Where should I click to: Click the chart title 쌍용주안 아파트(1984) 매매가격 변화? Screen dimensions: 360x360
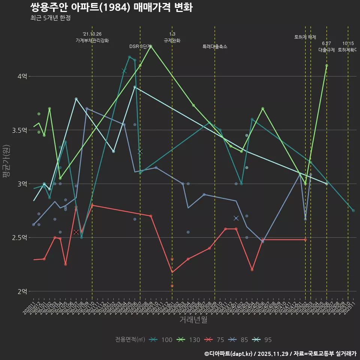click(x=111, y=7)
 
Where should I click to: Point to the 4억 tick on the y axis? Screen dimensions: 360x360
click(x=22, y=76)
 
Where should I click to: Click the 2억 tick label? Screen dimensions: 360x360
click(x=22, y=291)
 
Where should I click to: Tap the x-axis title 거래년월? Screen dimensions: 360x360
click(x=193, y=320)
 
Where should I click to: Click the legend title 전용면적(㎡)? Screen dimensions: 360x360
click(x=130, y=340)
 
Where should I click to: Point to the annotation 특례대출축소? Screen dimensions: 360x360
click(x=215, y=46)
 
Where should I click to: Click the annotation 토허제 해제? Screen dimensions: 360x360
click(x=305, y=37)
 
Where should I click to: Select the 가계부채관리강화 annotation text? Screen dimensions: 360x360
click(x=92, y=40)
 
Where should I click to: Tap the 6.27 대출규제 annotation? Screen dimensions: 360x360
click(x=327, y=46)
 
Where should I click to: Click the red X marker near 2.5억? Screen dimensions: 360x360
click(x=76, y=232)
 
